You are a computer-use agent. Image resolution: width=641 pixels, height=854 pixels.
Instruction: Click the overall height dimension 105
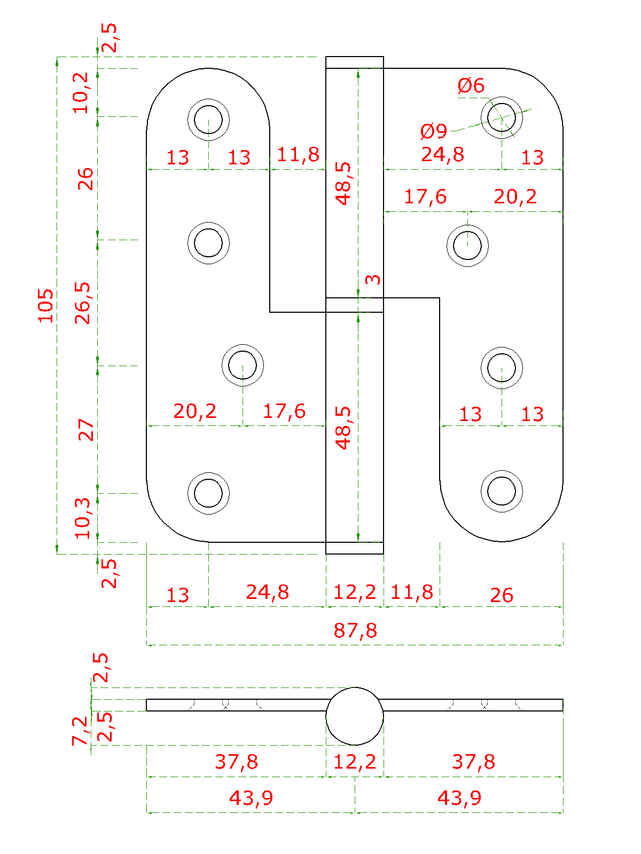click(x=46, y=305)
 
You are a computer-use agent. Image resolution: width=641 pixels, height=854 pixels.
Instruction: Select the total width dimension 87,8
click(x=355, y=630)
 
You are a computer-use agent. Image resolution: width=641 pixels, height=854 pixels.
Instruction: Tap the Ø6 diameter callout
click(x=471, y=85)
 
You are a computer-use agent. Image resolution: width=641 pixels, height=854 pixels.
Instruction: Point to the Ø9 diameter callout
click(x=433, y=131)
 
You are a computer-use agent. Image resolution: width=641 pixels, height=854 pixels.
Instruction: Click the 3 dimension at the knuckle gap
click(x=373, y=279)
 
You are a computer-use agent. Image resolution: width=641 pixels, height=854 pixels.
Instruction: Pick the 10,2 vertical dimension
click(x=82, y=93)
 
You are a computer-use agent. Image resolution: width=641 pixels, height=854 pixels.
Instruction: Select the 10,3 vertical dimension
click(x=83, y=518)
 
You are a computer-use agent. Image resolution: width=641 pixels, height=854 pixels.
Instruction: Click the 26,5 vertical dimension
click(x=83, y=303)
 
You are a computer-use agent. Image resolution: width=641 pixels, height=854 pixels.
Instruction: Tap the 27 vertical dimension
click(x=86, y=430)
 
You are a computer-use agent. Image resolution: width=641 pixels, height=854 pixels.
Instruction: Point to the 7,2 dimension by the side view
click(x=80, y=731)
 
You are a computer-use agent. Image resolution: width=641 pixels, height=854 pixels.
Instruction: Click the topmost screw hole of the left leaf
click(x=208, y=119)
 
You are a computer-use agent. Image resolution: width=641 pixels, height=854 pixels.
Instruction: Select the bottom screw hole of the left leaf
click(x=208, y=493)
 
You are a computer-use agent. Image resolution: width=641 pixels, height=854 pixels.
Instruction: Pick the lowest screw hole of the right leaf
click(x=502, y=491)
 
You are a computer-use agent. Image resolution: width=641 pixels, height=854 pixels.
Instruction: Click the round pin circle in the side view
click(x=355, y=716)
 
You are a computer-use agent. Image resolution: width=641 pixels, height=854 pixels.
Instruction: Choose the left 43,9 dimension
click(x=251, y=798)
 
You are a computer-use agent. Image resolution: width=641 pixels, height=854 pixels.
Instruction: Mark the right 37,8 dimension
click(x=473, y=762)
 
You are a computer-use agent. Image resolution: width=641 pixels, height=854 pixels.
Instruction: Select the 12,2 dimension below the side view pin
click(x=355, y=762)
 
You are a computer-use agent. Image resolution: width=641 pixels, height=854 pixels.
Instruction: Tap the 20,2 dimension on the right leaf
click(x=515, y=197)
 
